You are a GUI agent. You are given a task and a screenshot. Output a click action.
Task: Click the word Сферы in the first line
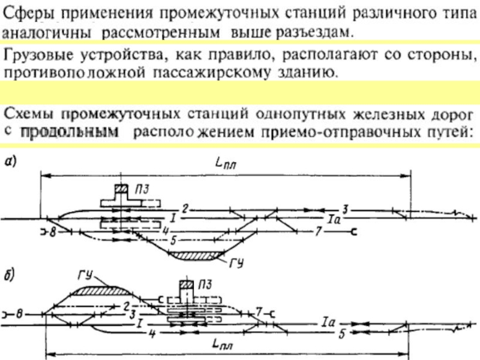(29, 14)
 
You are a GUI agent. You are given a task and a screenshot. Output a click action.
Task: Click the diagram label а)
(10, 161)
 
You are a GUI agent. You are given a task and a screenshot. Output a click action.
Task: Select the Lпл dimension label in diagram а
(226, 163)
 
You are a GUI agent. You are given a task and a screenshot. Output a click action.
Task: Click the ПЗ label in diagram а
(142, 190)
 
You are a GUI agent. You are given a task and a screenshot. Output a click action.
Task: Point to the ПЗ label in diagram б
(205, 284)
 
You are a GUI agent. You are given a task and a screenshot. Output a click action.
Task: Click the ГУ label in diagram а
(236, 263)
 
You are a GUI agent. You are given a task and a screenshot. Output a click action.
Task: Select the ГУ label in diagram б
(85, 275)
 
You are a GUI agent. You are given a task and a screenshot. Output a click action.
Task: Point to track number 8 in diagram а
(53, 232)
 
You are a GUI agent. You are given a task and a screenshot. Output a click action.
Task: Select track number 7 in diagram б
(259, 312)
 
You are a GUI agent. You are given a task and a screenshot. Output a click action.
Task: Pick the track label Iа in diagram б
(329, 323)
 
